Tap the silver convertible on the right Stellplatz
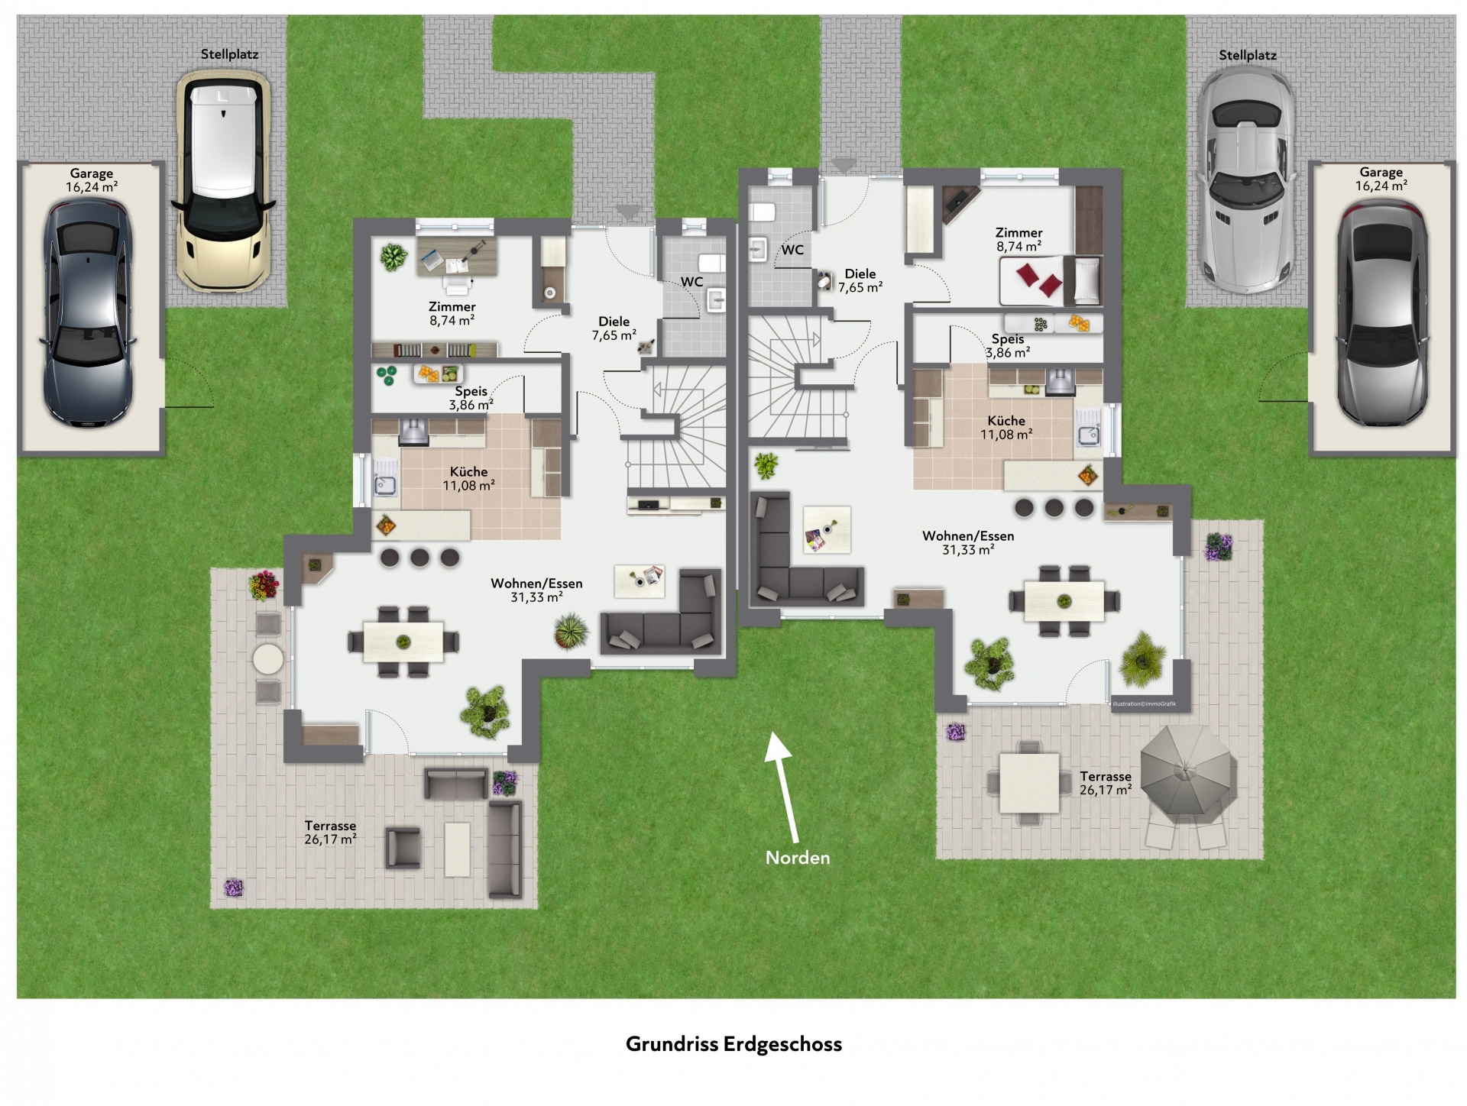point(1245,179)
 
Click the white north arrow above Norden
point(784,787)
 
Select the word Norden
point(798,858)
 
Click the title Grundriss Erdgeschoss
point(733,1044)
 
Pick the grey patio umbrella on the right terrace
point(1188,771)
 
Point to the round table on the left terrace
point(268,658)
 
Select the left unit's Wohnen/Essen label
point(536,590)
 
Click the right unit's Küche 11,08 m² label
point(1006,427)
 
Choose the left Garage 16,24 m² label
point(92,180)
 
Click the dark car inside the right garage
point(1381,313)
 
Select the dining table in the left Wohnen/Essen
point(403,642)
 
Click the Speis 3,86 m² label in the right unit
point(1008,345)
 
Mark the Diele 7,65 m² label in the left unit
point(614,328)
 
